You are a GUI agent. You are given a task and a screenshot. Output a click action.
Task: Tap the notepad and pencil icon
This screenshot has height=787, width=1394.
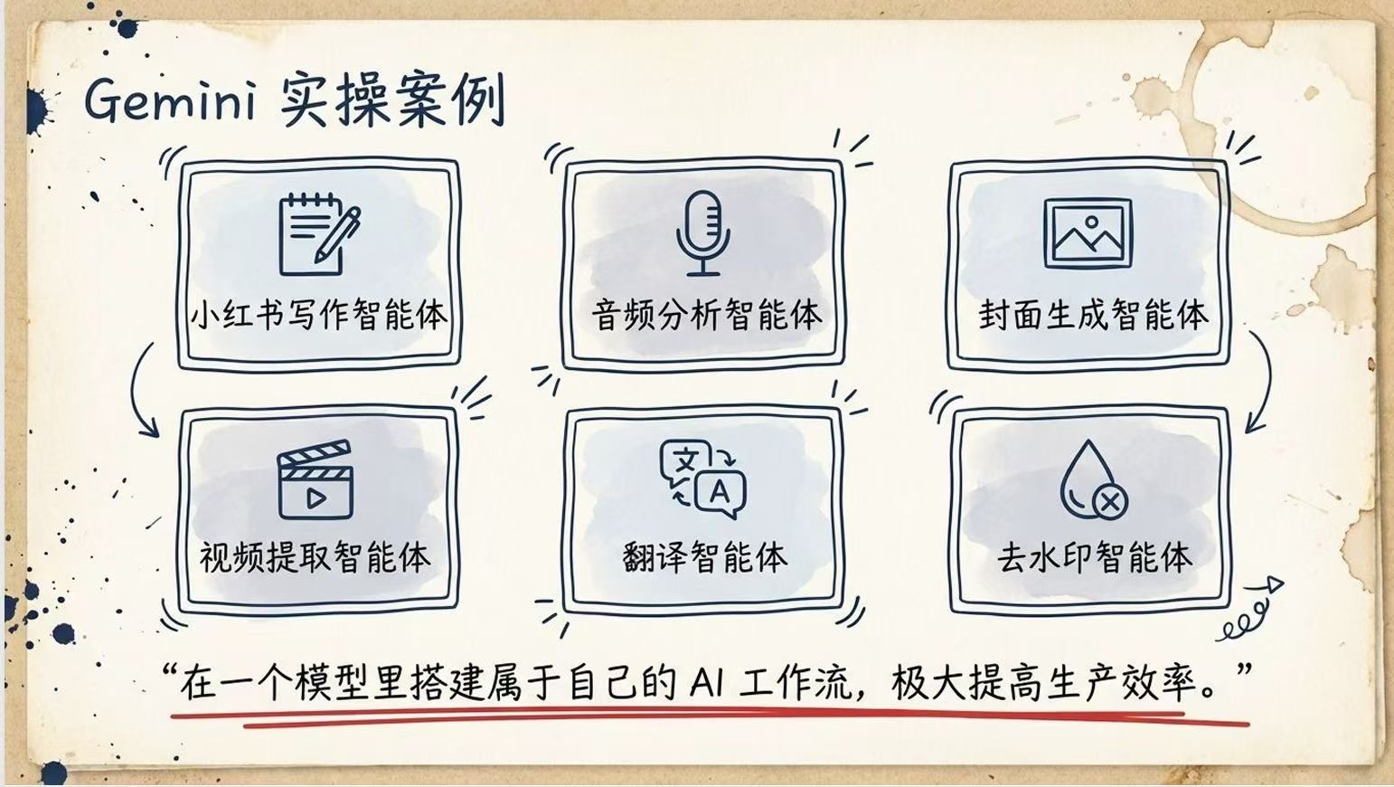[319, 234]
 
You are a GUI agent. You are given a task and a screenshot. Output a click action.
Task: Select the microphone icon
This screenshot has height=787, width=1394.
[703, 232]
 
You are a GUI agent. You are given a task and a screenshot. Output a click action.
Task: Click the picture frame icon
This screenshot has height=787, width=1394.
[1088, 233]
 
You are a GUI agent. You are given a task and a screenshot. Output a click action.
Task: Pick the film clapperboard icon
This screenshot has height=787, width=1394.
[316, 479]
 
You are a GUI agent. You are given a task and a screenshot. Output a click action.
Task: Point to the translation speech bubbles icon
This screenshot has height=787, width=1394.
[703, 479]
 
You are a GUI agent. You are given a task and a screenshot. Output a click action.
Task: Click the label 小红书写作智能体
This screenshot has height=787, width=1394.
[318, 315]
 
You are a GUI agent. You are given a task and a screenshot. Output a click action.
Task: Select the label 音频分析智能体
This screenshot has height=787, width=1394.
[706, 315]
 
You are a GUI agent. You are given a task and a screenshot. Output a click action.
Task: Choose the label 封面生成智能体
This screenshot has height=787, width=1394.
[1094, 315]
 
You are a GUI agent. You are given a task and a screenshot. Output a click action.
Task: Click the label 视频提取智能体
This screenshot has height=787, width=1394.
[315, 556]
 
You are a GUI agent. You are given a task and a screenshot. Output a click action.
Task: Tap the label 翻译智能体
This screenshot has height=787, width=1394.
[705, 556]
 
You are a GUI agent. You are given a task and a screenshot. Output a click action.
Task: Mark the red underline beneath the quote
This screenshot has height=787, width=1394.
[710, 718]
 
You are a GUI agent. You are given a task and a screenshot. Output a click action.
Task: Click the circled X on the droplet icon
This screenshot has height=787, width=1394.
[1109, 501]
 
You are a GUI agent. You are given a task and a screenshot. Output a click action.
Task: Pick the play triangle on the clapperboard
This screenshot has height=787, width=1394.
[316, 498]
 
